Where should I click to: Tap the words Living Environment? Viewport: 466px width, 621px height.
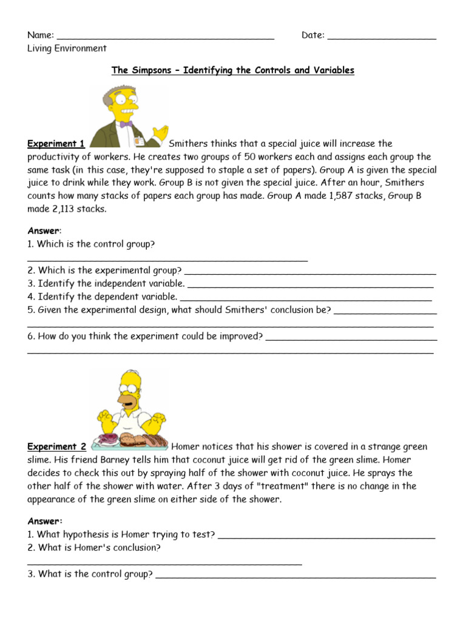click(x=67, y=49)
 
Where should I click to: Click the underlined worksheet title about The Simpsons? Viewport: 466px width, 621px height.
click(x=232, y=70)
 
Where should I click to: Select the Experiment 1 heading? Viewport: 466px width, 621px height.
click(x=56, y=144)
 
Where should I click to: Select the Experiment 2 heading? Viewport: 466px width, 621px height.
click(x=56, y=447)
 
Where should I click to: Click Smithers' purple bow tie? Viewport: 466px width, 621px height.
click(x=126, y=124)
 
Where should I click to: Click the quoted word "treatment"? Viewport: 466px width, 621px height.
click(x=271, y=486)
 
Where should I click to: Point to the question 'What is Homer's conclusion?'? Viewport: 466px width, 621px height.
click(x=94, y=548)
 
